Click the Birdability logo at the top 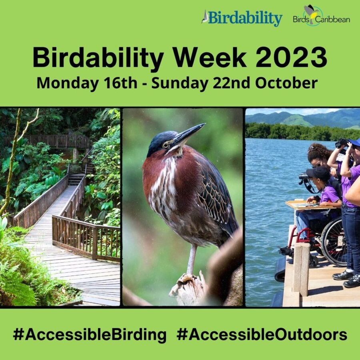coord(242,18)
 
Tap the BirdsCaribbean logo coord(322,15)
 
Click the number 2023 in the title coord(291,57)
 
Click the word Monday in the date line coord(68,84)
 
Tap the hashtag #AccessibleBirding coord(90,335)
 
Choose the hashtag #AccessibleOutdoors coord(262,334)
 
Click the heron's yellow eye coord(165,145)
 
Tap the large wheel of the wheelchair coord(334,241)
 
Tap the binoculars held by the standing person coord(342,143)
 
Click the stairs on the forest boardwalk coord(76,179)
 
